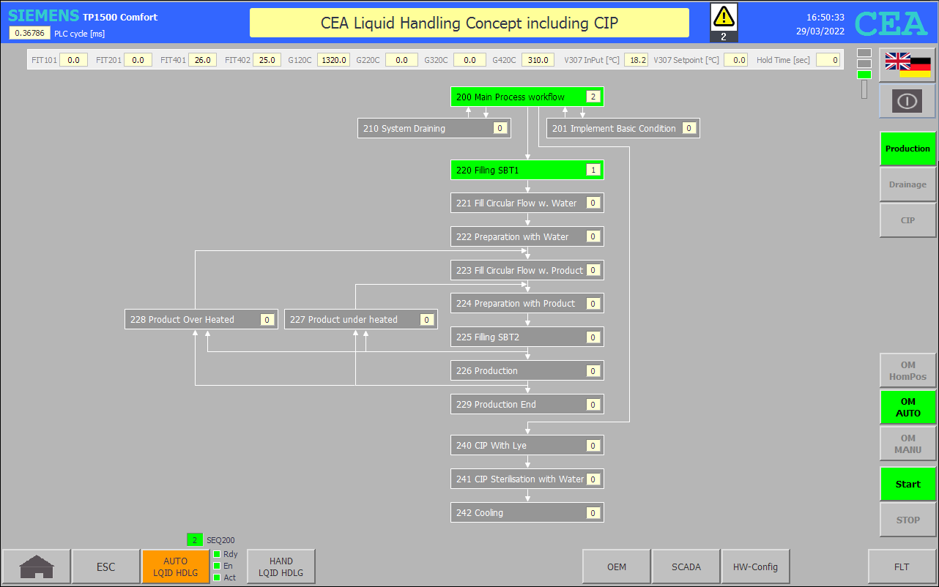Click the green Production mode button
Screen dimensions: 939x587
908,149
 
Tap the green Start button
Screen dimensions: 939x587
908,484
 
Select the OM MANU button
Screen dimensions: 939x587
908,444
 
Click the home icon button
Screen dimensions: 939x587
37,567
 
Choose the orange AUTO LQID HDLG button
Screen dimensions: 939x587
176,567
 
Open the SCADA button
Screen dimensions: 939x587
686,567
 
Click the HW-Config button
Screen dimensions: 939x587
755,567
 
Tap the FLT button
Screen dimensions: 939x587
902,567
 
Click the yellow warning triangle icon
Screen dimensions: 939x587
724,17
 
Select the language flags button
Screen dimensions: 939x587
908,65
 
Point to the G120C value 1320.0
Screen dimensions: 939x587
334,60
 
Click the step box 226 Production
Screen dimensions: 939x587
527,370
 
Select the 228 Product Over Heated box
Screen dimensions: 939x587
201,319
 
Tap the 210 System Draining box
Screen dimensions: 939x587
434,128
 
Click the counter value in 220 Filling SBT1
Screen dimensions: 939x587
593,170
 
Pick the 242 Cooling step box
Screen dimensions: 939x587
527,512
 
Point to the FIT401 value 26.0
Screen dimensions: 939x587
202,60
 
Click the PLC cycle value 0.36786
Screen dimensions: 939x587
29,33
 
